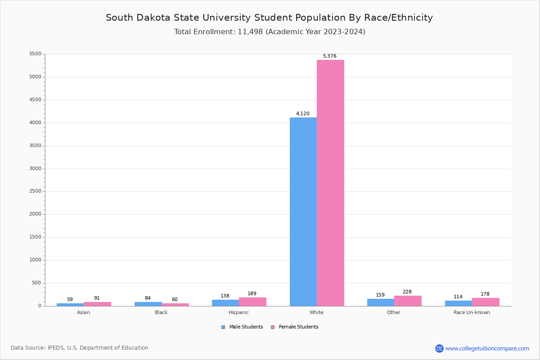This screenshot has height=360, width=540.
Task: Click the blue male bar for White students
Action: pyautogui.click(x=303, y=211)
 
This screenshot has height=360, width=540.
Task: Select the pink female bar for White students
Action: pyautogui.click(x=330, y=183)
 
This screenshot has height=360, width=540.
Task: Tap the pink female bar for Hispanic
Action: pyautogui.click(x=252, y=301)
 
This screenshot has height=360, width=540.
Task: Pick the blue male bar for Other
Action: pyautogui.click(x=381, y=302)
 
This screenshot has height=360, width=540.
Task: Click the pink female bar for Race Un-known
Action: pyautogui.click(x=486, y=302)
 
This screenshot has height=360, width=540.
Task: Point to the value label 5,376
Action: pyautogui.click(x=329, y=56)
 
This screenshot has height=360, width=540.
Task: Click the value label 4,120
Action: pyautogui.click(x=302, y=114)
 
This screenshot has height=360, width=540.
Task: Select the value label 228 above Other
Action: pyautogui.click(x=407, y=292)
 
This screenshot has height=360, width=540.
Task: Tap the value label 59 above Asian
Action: pyautogui.click(x=70, y=300)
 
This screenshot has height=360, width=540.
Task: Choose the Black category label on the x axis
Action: pyautogui.click(x=161, y=312)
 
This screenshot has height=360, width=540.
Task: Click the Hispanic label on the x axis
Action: pyautogui.click(x=238, y=312)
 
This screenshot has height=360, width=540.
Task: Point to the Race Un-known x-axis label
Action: pyautogui.click(x=472, y=312)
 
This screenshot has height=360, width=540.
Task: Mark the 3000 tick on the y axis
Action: pyautogui.click(x=35, y=169)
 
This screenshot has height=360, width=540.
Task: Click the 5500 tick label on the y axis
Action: pyautogui.click(x=35, y=54)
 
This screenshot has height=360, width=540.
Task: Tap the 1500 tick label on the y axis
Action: pyautogui.click(x=35, y=237)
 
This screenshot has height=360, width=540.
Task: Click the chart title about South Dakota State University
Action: pyautogui.click(x=269, y=18)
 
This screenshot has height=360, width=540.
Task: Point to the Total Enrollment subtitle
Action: pyautogui.click(x=270, y=32)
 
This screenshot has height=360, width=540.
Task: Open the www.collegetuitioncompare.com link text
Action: pyautogui.click(x=487, y=348)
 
